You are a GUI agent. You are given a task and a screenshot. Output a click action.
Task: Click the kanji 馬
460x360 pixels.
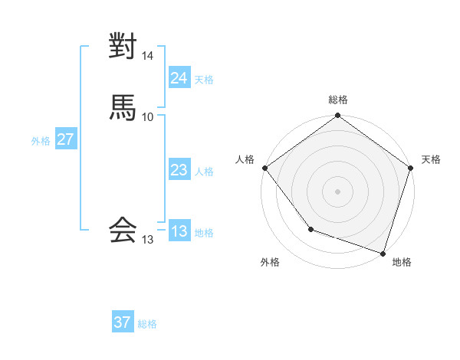pos(123,107)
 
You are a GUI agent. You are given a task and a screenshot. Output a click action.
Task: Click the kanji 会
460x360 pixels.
pos(123,229)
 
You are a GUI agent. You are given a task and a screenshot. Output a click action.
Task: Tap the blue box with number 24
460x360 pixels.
pos(179,78)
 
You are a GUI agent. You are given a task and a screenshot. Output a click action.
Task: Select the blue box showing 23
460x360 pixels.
pos(179,171)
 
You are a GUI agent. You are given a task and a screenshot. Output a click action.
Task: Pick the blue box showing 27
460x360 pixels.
pos(65,140)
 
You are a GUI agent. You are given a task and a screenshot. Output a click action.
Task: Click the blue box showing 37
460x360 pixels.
pos(123,322)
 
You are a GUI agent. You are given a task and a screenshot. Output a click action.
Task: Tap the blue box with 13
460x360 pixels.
pos(179,232)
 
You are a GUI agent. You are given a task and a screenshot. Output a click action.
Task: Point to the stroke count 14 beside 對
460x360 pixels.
pos(148,56)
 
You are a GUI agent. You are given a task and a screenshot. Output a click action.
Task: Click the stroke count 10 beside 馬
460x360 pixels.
pos(147,116)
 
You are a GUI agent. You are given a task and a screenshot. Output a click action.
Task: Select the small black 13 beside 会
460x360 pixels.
pos(147,240)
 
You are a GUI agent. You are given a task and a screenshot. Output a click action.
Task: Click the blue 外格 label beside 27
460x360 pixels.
pos(41,141)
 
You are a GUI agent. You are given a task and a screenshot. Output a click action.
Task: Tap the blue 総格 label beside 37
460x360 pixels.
pos(147,324)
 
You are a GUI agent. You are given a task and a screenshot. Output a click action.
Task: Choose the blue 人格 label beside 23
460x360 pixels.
pos(205,172)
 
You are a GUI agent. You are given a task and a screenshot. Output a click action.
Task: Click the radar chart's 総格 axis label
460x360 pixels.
pos(338,100)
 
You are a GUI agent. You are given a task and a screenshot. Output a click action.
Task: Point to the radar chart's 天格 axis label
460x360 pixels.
pos(431,159)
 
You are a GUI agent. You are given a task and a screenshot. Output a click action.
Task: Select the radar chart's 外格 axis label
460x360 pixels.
pos(270,262)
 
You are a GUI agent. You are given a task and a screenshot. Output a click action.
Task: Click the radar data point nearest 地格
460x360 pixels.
pos(383,252)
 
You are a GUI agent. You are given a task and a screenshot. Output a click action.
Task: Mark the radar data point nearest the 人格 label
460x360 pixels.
pos(264,168)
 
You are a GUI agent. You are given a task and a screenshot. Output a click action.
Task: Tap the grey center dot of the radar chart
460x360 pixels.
pos(338,191)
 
